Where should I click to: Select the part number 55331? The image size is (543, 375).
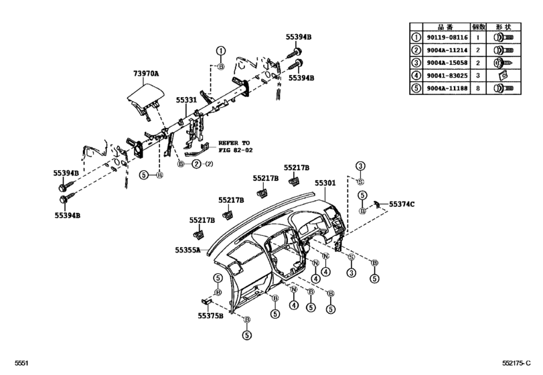(x=186, y=100)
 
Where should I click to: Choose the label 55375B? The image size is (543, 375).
(x=211, y=315)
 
